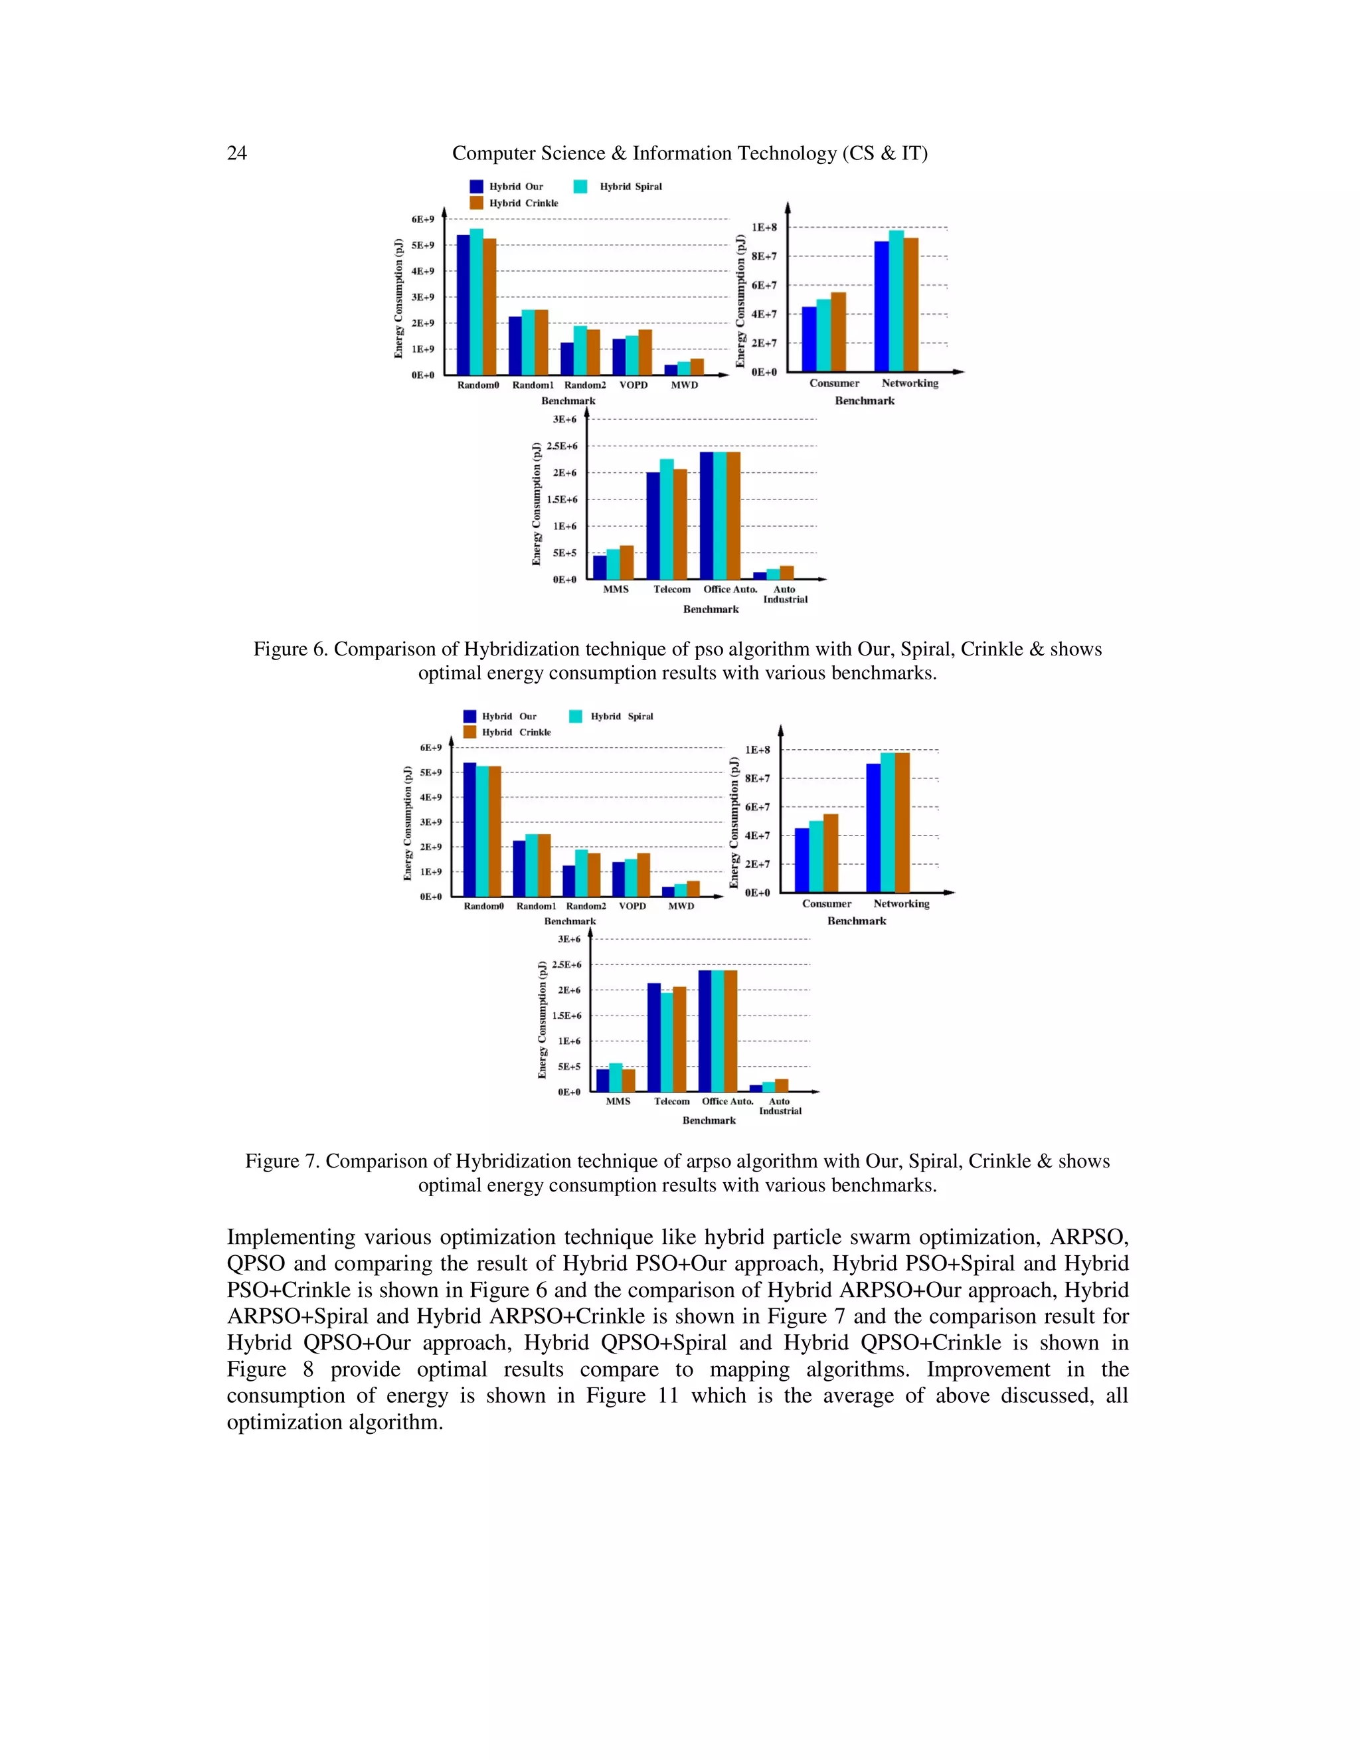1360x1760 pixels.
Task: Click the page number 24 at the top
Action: (x=237, y=153)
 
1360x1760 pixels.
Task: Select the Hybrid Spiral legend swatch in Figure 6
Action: (x=580, y=186)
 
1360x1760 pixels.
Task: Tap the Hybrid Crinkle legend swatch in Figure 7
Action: (x=469, y=732)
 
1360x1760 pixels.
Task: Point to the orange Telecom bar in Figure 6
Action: (x=680, y=524)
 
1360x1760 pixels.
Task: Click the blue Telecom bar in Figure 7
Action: (x=654, y=1037)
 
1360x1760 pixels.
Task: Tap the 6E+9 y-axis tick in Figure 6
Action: (x=423, y=219)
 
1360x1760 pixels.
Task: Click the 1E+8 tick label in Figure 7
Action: (x=757, y=750)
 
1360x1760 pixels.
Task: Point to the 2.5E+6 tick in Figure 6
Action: (x=562, y=446)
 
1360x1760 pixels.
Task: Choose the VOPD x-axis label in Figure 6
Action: (x=634, y=385)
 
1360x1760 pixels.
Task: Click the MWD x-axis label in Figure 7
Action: (x=681, y=906)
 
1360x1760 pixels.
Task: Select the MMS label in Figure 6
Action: (x=616, y=589)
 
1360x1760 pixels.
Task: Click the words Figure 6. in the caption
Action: (x=290, y=650)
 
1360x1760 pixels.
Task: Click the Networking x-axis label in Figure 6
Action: (x=910, y=384)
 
